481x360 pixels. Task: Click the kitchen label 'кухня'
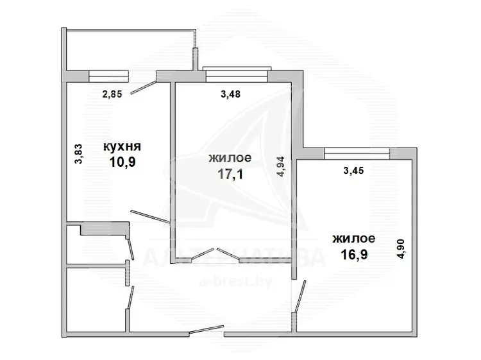click(x=122, y=147)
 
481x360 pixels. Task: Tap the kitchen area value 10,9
click(x=122, y=162)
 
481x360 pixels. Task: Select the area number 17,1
click(x=230, y=174)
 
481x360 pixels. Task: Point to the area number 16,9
click(x=354, y=254)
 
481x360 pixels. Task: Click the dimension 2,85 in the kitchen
click(x=112, y=94)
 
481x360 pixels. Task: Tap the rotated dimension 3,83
click(x=78, y=154)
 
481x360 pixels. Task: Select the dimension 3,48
click(x=230, y=94)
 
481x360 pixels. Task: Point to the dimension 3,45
click(x=353, y=170)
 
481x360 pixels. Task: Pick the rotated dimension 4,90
click(x=401, y=249)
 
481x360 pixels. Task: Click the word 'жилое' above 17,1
click(x=230, y=158)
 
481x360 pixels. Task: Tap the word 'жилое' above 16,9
click(x=353, y=239)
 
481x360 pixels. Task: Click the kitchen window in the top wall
click(x=108, y=76)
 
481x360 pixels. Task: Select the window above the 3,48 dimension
click(x=237, y=74)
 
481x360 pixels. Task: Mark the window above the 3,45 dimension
click(x=357, y=153)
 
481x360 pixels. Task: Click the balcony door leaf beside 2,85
click(x=144, y=87)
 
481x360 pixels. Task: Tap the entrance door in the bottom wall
click(x=207, y=329)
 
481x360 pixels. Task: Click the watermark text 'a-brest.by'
click(x=235, y=282)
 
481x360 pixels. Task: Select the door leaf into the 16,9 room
click(x=300, y=296)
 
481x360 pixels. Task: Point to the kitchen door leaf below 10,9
click(x=150, y=216)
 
